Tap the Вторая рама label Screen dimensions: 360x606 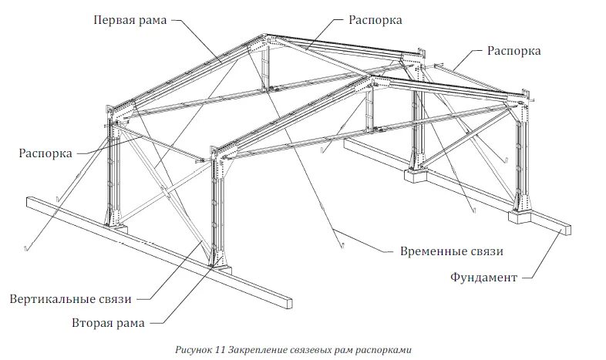tap(108, 322)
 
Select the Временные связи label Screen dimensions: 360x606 tap(452, 252)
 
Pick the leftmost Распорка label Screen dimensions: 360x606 tap(45, 153)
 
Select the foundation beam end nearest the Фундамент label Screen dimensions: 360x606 tap(564, 228)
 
